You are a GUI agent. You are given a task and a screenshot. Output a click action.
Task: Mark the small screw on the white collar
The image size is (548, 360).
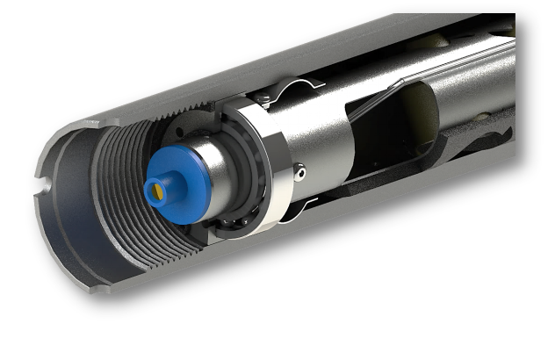click(300, 175)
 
